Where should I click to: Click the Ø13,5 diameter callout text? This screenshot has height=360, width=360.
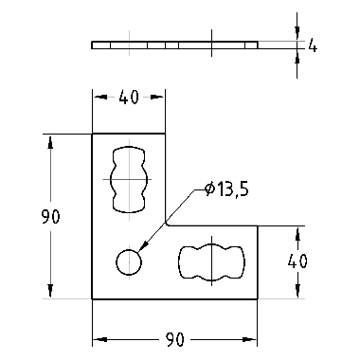226,189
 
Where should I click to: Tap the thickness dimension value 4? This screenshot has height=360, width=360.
313,45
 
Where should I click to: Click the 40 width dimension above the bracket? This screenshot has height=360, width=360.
129,97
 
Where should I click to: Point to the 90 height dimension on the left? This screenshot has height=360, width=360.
50,217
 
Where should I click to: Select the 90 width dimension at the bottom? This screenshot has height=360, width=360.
174,340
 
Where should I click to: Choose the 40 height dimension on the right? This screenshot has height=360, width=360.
297,261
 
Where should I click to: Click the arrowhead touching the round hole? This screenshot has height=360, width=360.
143,246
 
